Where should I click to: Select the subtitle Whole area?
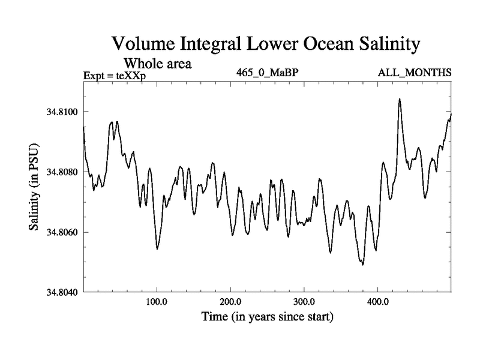point(157,63)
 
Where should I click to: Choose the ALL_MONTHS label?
point(414,73)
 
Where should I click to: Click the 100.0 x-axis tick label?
point(157,302)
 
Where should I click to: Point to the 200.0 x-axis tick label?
point(230,302)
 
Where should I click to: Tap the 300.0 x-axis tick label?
point(304,302)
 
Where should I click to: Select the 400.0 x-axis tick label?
point(377,302)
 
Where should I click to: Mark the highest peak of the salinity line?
point(400,99)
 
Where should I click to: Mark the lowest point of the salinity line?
point(363,265)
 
